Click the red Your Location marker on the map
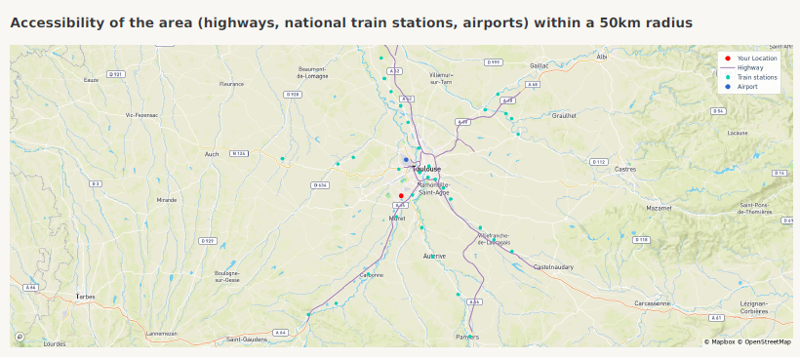pyautogui.click(x=401, y=195)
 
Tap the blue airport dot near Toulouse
pyautogui.click(x=406, y=160)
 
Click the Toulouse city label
pyautogui.click(x=427, y=169)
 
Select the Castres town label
pyautogui.click(x=624, y=169)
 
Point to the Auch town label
pyautogui.click(x=212, y=153)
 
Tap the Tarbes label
pyautogui.click(x=87, y=296)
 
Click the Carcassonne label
pyautogui.click(x=652, y=303)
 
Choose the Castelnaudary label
pyautogui.click(x=555, y=266)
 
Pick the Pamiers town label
pyautogui.click(x=467, y=337)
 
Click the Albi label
pyautogui.click(x=601, y=58)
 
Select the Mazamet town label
pyautogui.click(x=660, y=208)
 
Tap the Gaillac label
pyautogui.click(x=540, y=65)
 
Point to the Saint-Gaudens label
pyautogui.click(x=247, y=339)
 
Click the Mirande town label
pyautogui.click(x=167, y=199)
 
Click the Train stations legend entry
pyautogui.click(x=757, y=77)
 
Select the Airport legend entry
pyautogui.click(x=747, y=87)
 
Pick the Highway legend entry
pyautogui.click(x=749, y=67)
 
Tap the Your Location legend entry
pyautogui.click(x=757, y=59)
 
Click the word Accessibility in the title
pyautogui.click(x=56, y=21)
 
